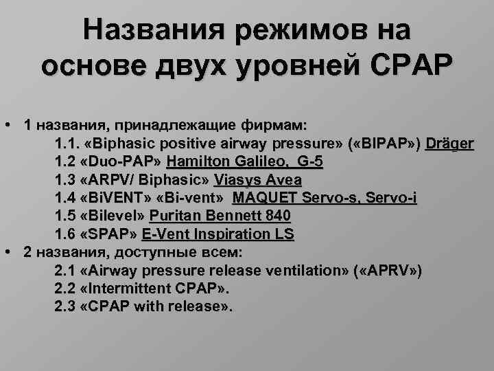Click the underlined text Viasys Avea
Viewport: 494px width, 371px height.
257,180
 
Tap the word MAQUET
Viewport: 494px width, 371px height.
263,198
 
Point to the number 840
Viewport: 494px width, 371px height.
277,216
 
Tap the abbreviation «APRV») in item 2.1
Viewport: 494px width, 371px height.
388,269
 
